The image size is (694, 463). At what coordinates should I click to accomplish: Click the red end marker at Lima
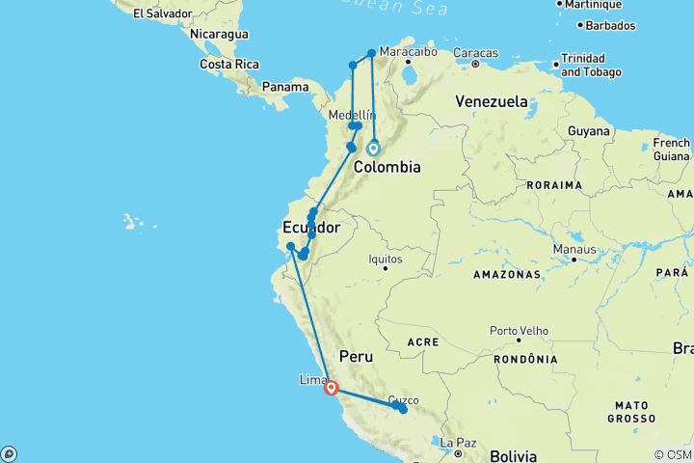coord(331,389)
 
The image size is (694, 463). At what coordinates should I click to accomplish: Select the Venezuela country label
coord(492,101)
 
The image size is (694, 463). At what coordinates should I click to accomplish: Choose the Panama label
coord(286,87)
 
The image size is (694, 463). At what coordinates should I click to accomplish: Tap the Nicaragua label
coord(218,34)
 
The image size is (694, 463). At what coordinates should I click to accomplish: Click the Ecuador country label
coord(310,229)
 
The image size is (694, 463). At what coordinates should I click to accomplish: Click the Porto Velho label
coord(519,331)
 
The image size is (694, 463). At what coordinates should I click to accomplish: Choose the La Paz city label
coord(460,444)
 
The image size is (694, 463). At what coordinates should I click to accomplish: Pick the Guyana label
coord(589,130)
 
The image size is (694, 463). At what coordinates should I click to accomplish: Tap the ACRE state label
coord(423,341)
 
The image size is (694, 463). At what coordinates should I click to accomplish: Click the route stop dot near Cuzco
coord(403,410)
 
